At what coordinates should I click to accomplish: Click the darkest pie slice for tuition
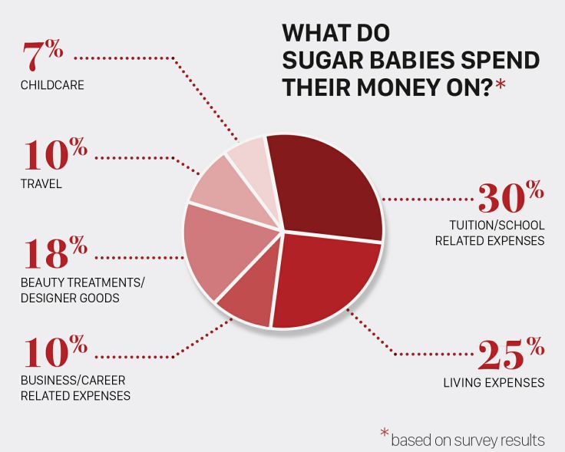[x=328, y=187]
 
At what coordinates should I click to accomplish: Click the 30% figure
[x=510, y=196]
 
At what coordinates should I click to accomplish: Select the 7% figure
[x=42, y=55]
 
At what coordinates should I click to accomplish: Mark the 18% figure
[x=56, y=252]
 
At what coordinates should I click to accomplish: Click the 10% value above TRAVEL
[x=56, y=153]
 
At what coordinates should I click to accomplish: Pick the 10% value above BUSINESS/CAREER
[x=56, y=351]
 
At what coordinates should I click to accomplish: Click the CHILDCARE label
[x=52, y=85]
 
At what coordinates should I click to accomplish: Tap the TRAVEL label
[x=41, y=183]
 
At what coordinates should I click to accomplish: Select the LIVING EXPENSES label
[x=494, y=382]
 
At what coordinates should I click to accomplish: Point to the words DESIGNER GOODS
[x=70, y=299]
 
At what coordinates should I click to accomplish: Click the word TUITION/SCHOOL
[x=497, y=225]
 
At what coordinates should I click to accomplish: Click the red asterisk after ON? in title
[x=501, y=86]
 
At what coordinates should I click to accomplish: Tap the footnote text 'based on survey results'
[x=468, y=440]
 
